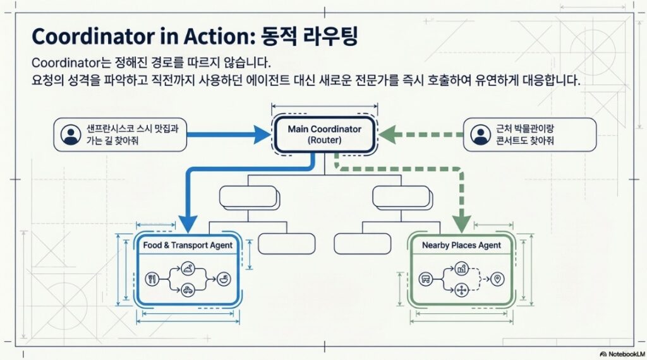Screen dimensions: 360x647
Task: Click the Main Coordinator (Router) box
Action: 324,135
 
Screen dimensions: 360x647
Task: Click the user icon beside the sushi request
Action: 70,135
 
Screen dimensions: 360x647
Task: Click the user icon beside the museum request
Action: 481,135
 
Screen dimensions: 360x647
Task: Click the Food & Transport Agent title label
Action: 188,245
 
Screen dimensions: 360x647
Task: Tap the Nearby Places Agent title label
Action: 461,245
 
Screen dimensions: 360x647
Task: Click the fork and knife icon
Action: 152,278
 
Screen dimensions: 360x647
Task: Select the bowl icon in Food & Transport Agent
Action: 223,278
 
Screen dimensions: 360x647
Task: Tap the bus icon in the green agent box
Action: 426,279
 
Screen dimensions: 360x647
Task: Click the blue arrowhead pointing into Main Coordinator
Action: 262,134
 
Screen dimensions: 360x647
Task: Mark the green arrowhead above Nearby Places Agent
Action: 461,223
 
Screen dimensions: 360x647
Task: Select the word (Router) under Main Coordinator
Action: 324,141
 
